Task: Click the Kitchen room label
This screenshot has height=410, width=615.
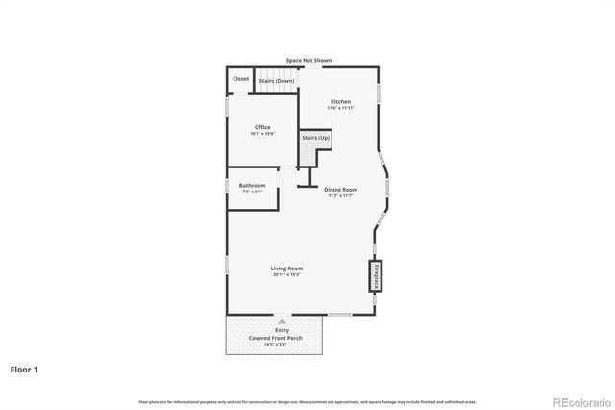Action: [x=340, y=101]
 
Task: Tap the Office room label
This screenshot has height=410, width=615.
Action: [x=262, y=127]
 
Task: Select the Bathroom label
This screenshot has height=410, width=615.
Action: [x=253, y=185]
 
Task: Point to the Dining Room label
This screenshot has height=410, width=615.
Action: [x=340, y=190]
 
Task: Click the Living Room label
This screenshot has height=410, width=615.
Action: [x=286, y=269]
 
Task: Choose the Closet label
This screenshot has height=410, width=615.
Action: [x=240, y=79]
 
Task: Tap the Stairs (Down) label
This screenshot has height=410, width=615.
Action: [x=277, y=81]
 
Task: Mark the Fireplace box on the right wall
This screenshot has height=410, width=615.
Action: [x=375, y=275]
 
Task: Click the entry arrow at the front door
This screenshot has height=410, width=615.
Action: [x=282, y=321]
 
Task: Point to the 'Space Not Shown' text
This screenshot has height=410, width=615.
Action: [x=308, y=60]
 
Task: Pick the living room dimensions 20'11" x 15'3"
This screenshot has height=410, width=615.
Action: [x=286, y=276]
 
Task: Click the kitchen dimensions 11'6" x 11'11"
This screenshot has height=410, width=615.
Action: [x=340, y=108]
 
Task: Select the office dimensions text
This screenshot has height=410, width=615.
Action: [x=262, y=134]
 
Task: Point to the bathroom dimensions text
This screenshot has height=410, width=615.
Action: [x=253, y=192]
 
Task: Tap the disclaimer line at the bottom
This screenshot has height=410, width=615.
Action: [x=307, y=401]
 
